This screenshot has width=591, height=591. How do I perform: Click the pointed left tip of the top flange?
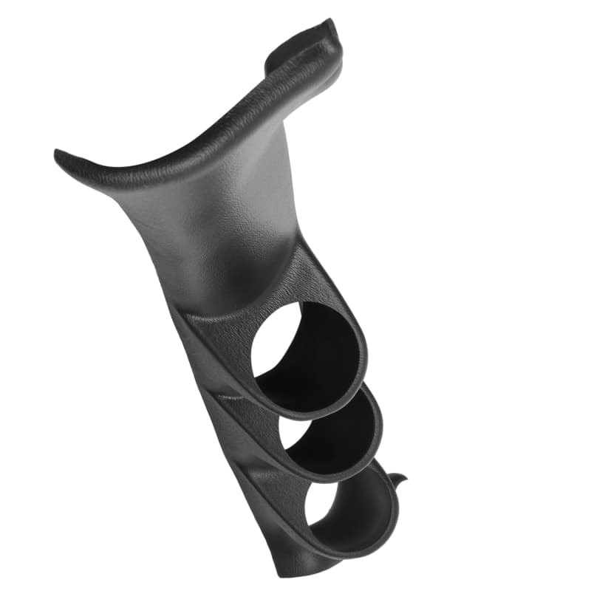(x=58, y=155)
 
